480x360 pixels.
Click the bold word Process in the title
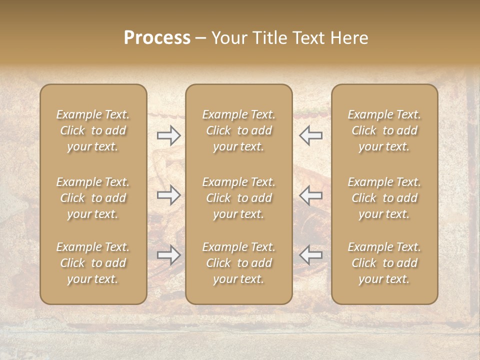coord(157,38)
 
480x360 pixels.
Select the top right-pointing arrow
coord(169,135)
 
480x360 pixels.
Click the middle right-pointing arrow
coord(169,195)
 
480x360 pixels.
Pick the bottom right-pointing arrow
coord(169,255)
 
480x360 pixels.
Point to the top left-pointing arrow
coord(310,135)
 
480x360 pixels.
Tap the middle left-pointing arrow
coord(310,195)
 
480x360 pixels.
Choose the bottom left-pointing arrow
coord(310,255)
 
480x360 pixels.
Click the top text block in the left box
coord(93,130)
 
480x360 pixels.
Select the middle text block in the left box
coord(93,198)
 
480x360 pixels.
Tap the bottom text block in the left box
coord(93,263)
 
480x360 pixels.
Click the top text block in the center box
coord(238,130)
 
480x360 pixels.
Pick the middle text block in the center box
coord(238,198)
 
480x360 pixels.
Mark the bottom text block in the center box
coord(238,263)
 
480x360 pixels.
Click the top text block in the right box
coord(384,130)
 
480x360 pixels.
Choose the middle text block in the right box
coord(384,198)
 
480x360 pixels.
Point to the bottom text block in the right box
coord(384,263)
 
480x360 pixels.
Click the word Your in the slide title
coord(229,38)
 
